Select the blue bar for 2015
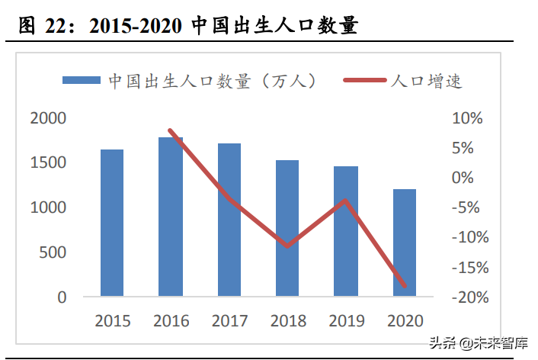coord(112,223)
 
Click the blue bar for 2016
coord(171,217)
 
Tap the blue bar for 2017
coord(229,220)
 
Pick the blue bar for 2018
coord(287,228)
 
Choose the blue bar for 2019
coord(346,231)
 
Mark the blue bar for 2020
coord(405,243)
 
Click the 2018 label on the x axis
coord(287,321)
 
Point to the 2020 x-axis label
coord(405,321)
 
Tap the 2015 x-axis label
coord(112,321)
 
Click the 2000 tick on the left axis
coord(49,118)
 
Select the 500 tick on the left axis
coord(53,252)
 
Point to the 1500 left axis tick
coord(49,162)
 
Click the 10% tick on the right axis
coord(467,118)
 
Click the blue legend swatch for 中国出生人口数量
coord(81,80)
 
